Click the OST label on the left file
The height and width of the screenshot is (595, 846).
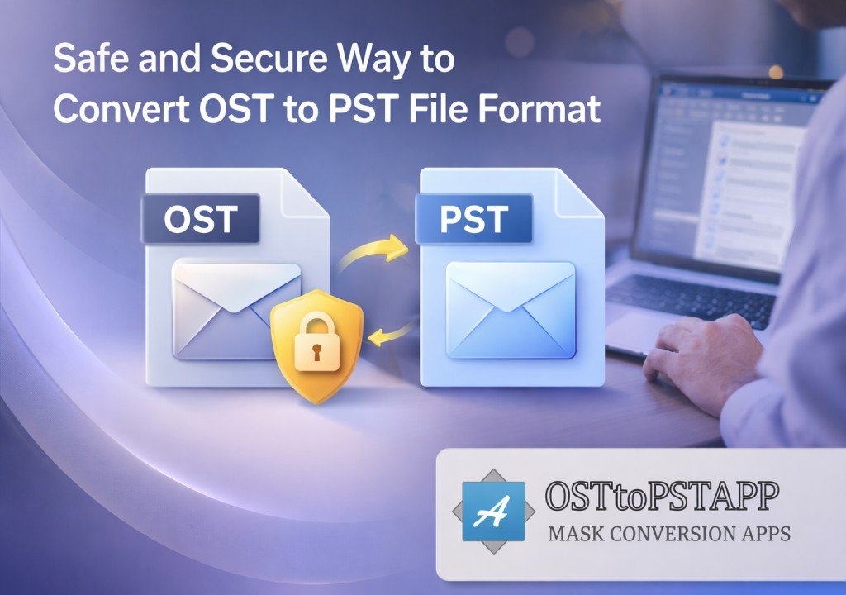point(201,218)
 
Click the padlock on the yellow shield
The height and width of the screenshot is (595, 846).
point(316,345)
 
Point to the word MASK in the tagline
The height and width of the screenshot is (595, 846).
point(575,534)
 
